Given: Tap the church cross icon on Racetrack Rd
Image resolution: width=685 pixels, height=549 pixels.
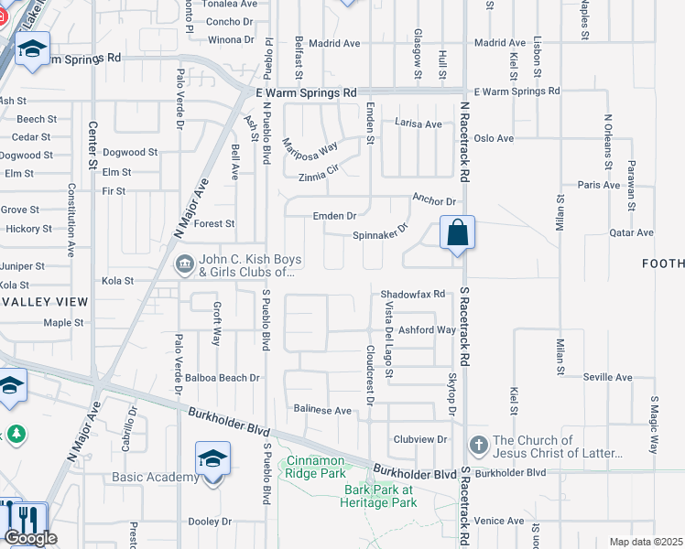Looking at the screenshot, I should pyautogui.click(x=477, y=446).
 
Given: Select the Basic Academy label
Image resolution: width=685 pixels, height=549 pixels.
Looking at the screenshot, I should pyautogui.click(x=155, y=477).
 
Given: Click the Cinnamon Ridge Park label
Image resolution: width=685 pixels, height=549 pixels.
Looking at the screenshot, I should pyautogui.click(x=317, y=467).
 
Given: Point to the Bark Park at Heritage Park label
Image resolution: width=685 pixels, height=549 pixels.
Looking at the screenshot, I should pyautogui.click(x=379, y=496).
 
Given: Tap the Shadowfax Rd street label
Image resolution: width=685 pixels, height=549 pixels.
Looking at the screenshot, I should pyautogui.click(x=413, y=294).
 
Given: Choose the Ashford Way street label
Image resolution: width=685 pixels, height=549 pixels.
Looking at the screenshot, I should pyautogui.click(x=427, y=330).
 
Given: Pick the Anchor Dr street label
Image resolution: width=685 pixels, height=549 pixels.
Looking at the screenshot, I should pyautogui.click(x=433, y=200).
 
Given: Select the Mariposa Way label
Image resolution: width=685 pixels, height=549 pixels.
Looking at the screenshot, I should pyautogui.click(x=310, y=149).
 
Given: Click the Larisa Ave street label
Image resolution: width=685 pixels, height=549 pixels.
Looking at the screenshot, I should pyautogui.click(x=418, y=124).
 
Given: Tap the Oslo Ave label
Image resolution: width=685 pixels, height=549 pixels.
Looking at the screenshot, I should pyautogui.click(x=493, y=138).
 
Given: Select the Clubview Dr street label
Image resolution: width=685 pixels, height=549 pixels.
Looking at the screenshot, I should pyautogui.click(x=419, y=439).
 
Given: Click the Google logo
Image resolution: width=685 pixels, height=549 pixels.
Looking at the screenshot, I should pyautogui.click(x=30, y=538).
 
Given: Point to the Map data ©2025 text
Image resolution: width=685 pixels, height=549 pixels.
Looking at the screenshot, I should pyautogui.click(x=646, y=542).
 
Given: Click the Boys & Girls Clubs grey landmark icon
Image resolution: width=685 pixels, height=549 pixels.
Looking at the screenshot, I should pyautogui.click(x=183, y=264).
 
